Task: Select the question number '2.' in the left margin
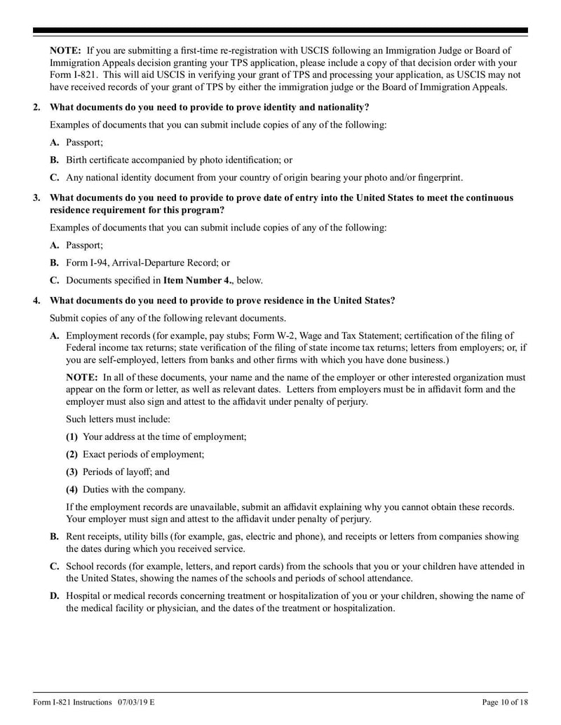pos(37,107)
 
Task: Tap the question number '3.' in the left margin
pos(37,198)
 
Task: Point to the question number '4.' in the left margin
pos(37,301)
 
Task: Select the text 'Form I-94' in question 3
pos(88,263)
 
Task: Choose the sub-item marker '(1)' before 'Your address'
pos(72,436)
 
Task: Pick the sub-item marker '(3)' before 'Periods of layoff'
pos(72,471)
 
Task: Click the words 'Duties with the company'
pos(134,489)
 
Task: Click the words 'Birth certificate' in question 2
pos(99,160)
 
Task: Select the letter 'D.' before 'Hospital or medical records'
pos(55,595)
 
